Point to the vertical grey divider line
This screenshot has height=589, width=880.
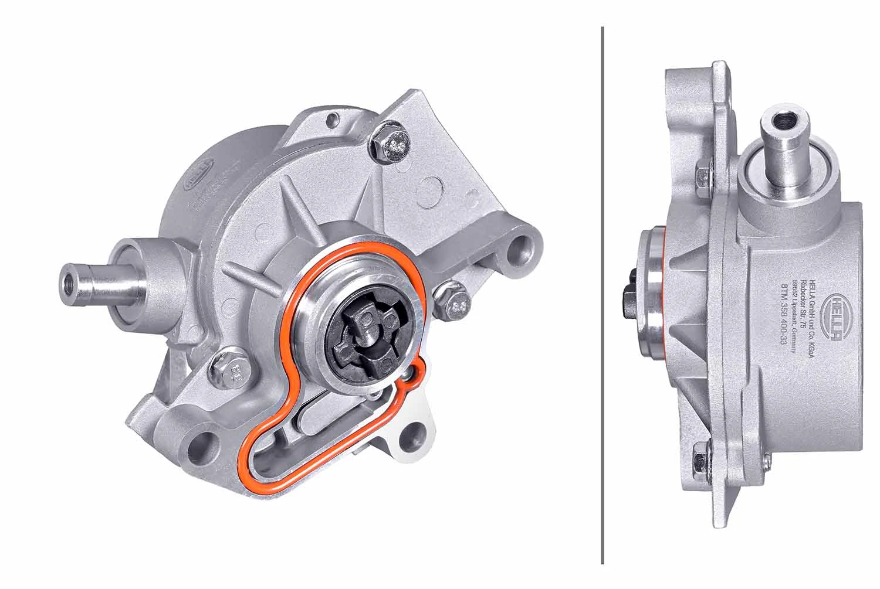(x=603, y=293)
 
